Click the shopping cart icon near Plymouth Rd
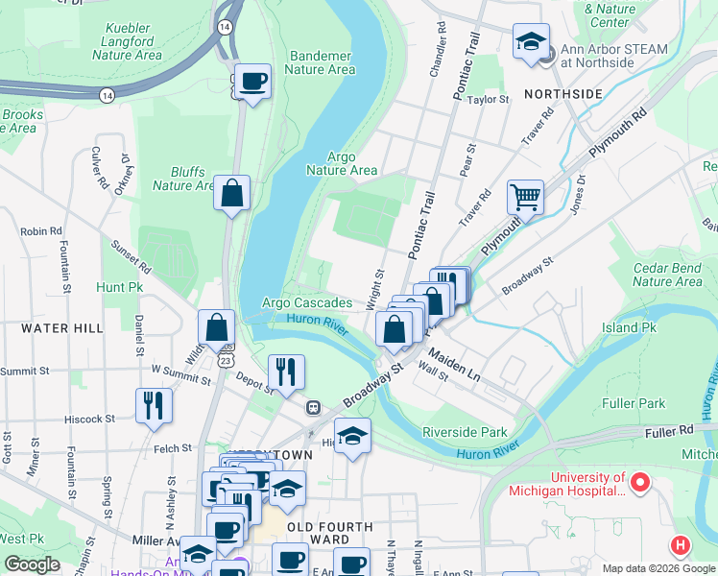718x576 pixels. tap(525, 197)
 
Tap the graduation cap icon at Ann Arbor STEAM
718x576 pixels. tap(531, 41)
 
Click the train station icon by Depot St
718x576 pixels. tap(313, 407)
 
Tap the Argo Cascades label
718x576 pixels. tap(307, 303)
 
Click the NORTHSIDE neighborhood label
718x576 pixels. tap(562, 93)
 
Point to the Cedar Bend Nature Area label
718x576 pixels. tap(667, 275)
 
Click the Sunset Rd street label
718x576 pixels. tap(130, 256)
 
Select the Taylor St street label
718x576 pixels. tap(488, 99)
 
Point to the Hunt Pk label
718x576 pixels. tap(119, 286)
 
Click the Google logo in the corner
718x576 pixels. tap(32, 564)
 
